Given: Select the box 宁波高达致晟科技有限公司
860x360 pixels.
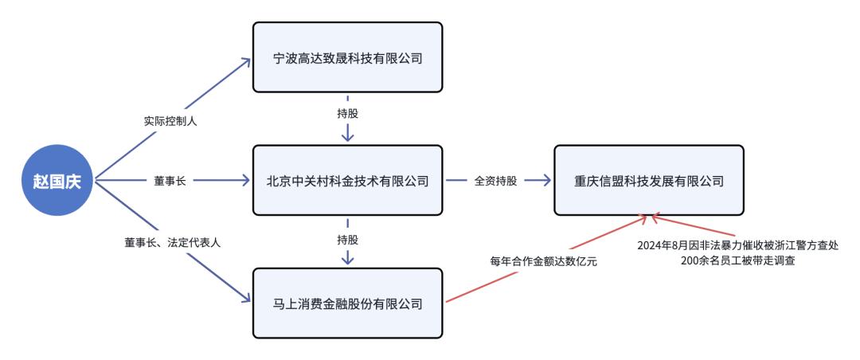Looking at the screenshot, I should [346, 57].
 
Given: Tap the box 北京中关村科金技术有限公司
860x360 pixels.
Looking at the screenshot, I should [346, 181].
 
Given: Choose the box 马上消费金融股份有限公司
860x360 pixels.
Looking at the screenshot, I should [346, 303].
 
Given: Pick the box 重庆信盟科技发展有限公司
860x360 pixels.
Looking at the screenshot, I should [649, 181].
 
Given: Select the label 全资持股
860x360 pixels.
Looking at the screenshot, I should [495, 181].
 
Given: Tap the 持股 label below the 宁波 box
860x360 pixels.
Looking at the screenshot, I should [347, 113].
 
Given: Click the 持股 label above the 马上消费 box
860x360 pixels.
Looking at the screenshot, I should [347, 239].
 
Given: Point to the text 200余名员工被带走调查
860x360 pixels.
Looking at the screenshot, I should [738, 260].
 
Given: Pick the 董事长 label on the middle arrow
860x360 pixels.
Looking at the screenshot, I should [169, 181].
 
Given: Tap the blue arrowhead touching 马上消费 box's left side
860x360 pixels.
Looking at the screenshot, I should [244, 299].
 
